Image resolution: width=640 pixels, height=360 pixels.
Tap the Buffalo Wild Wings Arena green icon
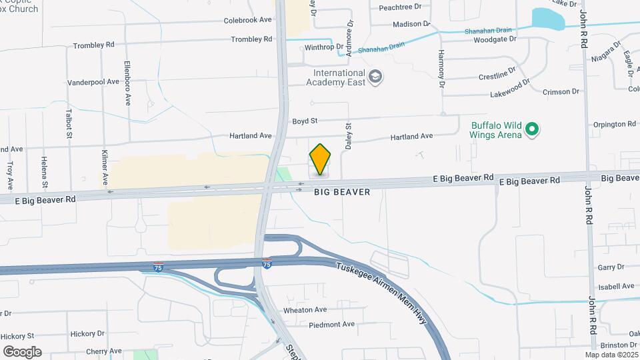pos(531,129)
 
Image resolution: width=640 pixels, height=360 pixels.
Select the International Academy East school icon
pos(375,77)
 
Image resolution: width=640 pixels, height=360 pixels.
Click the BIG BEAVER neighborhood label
pos(342,191)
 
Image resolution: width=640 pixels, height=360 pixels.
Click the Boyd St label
pos(305,121)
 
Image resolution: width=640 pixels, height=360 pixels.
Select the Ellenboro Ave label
pos(127,83)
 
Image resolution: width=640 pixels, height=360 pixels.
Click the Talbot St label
pos(69,124)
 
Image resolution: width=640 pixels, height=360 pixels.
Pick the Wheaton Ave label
pos(305,309)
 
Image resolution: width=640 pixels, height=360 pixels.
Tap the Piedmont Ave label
pos(332,325)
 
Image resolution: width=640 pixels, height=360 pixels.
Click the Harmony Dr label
pos(441,69)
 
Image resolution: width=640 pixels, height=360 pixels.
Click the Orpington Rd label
pos(614,124)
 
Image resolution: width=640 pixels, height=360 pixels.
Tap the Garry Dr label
pos(611,267)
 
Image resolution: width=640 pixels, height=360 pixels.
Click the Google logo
pos(22,352)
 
